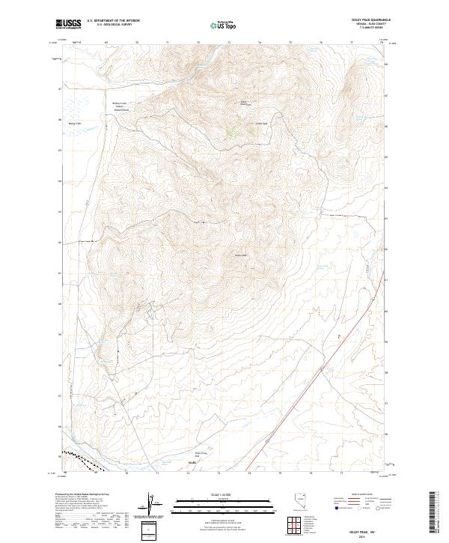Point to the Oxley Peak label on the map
tap(241, 255)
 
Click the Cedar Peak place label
tap(261, 124)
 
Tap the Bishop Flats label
tap(73, 124)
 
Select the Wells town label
tap(193, 462)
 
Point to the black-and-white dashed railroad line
tap(79, 458)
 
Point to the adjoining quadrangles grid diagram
tap(290, 525)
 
